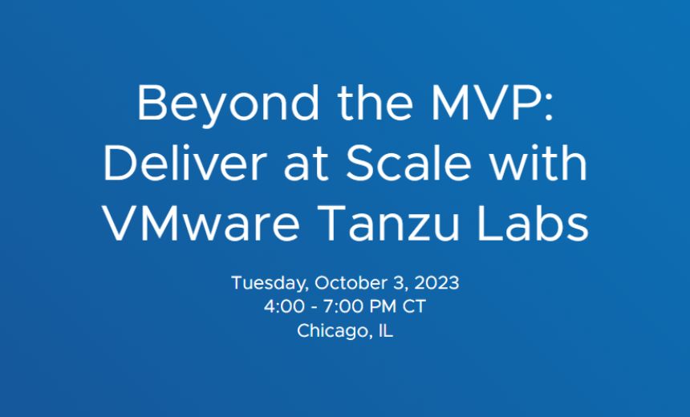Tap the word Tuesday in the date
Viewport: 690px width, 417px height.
point(270,283)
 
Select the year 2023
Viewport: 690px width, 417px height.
point(436,282)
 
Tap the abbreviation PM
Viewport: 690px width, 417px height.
point(383,306)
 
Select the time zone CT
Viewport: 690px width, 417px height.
point(414,306)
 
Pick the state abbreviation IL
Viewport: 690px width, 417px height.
point(386,330)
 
